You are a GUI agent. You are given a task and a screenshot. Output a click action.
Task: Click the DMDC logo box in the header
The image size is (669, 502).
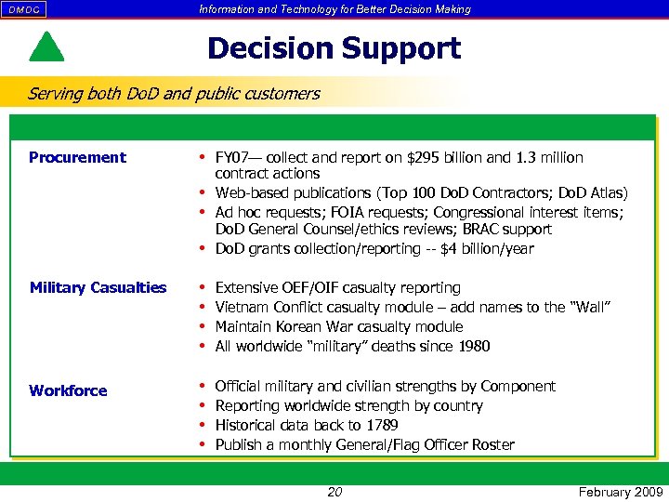[24, 9]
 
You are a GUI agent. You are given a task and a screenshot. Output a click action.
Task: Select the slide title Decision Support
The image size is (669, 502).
[334, 47]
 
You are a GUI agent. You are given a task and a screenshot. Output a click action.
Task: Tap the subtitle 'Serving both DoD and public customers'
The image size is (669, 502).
[174, 93]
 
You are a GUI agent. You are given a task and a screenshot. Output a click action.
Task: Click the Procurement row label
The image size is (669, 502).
[77, 157]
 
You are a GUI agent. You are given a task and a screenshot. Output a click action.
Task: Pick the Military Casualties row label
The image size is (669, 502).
[98, 287]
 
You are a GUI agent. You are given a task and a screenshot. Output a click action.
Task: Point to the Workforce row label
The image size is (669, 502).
[68, 390]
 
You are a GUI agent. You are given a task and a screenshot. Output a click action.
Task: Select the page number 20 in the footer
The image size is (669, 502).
[334, 492]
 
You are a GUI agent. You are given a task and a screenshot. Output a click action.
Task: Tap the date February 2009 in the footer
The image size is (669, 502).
[618, 492]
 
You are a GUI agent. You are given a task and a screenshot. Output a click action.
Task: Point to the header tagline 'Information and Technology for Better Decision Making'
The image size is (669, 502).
[334, 9]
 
